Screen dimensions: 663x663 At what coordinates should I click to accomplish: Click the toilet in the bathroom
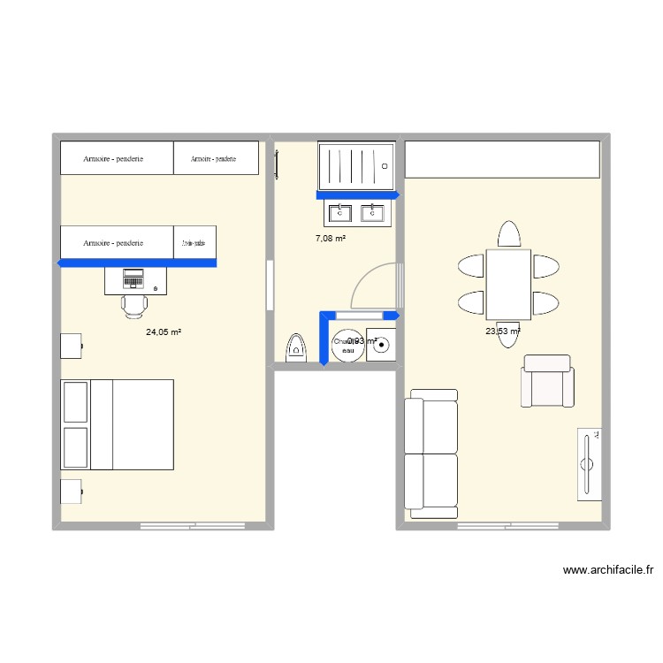(x=296, y=348)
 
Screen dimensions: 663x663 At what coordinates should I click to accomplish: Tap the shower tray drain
(x=385, y=165)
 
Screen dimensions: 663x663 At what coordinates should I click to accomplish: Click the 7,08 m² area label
(x=331, y=239)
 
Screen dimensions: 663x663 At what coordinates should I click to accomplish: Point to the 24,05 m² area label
(x=164, y=332)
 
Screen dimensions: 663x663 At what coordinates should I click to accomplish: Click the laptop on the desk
(x=133, y=278)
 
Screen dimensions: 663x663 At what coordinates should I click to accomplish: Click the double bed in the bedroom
(x=117, y=424)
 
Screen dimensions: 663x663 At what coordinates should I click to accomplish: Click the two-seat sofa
(x=431, y=453)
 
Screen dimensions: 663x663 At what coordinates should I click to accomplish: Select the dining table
(x=508, y=283)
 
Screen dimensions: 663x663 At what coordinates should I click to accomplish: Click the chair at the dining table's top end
(x=508, y=234)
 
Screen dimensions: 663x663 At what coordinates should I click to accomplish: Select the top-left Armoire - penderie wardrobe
(x=116, y=158)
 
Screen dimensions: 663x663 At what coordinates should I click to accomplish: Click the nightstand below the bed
(x=71, y=492)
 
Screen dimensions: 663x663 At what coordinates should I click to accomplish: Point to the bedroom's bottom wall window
(x=193, y=527)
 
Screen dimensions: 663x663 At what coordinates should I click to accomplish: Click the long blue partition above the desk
(x=136, y=263)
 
